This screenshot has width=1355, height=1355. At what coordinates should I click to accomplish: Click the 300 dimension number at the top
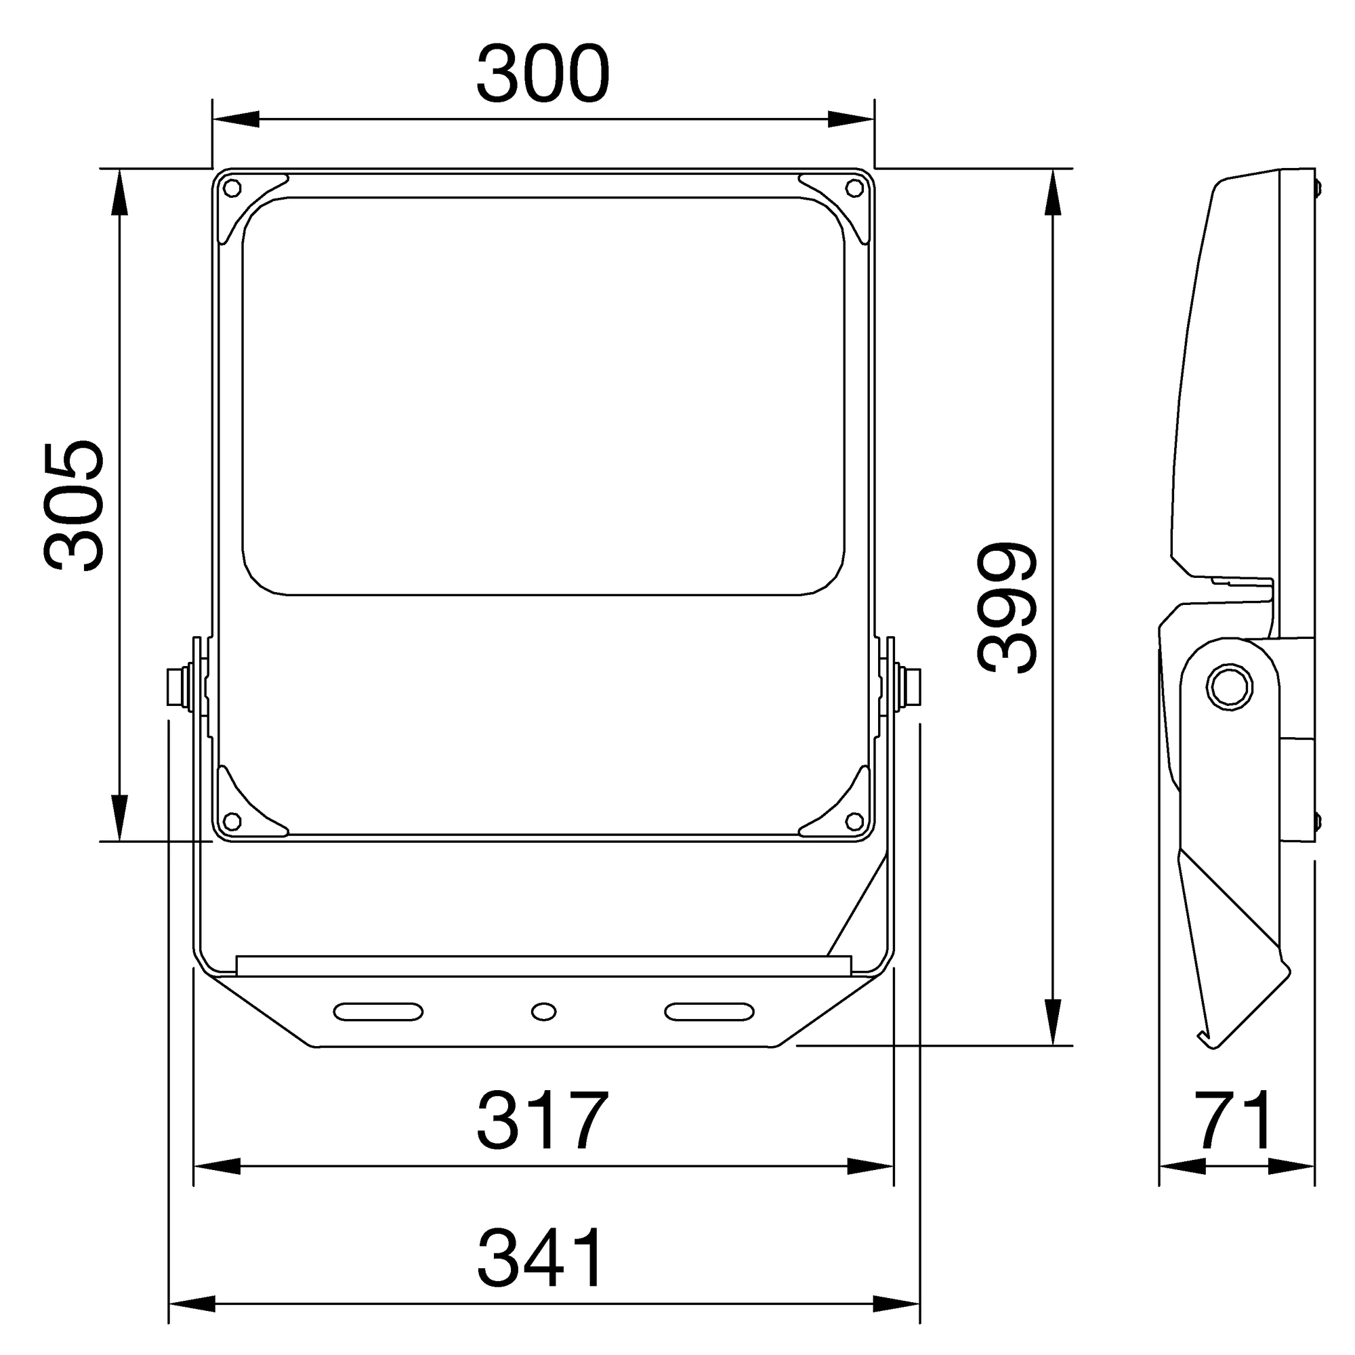(543, 75)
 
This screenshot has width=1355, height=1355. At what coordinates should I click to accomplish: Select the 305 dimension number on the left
(75, 506)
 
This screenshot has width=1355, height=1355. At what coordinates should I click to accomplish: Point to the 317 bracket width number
(541, 1121)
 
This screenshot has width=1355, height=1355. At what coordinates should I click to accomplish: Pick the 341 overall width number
(540, 1259)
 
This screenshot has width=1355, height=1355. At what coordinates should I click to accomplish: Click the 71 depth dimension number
(1236, 1120)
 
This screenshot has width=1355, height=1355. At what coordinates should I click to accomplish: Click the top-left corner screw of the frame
(232, 188)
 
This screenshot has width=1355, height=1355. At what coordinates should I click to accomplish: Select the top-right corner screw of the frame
(854, 188)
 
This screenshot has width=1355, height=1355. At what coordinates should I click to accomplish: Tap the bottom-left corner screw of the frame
(232, 820)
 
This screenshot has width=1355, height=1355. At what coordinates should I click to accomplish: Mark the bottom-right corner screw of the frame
(854, 820)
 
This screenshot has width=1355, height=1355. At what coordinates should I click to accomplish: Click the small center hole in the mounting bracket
(543, 1012)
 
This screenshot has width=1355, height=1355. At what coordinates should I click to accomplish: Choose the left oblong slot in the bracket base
(378, 1012)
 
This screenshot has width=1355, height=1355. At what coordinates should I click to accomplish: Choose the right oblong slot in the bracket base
(709, 1012)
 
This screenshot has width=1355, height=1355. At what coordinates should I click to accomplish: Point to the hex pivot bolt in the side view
(1230, 687)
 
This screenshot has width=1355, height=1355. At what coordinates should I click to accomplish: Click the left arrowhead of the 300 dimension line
(235, 119)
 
